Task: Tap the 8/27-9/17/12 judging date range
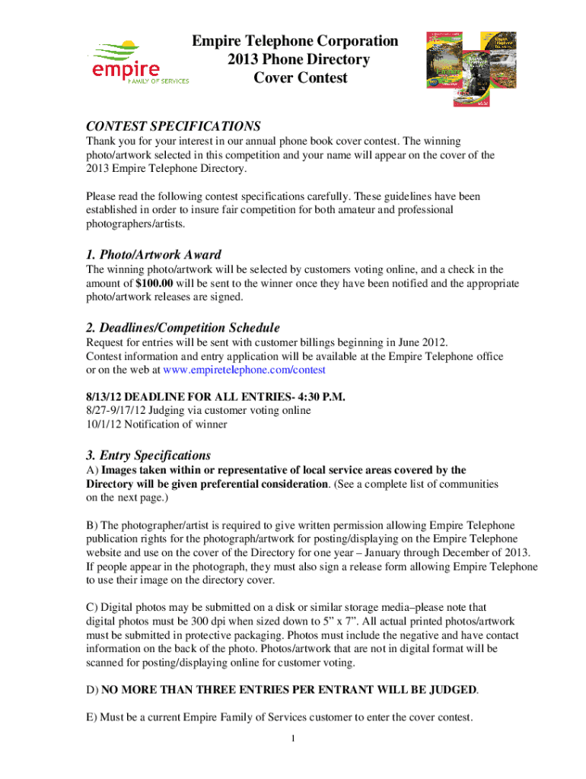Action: point(123,411)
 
